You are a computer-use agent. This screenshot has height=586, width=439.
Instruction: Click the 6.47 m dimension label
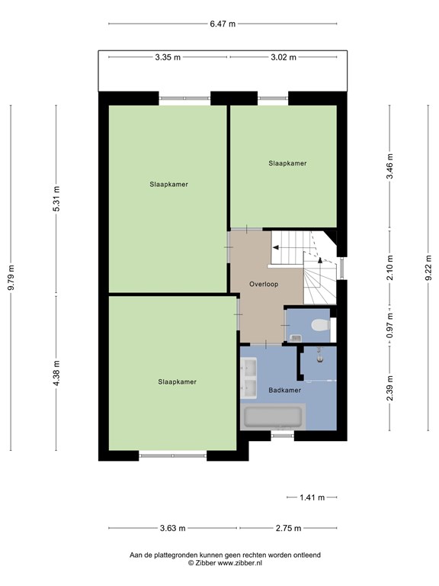click(x=223, y=24)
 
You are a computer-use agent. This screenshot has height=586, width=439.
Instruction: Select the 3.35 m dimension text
click(x=168, y=57)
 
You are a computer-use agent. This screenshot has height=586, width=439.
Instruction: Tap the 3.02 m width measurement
click(x=284, y=57)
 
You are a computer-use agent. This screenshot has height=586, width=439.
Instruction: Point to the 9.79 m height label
click(x=11, y=277)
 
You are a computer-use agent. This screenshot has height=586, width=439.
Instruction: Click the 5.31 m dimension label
click(x=56, y=199)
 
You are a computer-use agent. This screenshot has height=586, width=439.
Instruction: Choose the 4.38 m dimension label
click(x=56, y=373)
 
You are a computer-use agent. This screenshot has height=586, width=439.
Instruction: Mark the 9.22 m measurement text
click(x=428, y=268)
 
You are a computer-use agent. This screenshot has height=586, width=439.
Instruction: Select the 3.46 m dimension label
click(x=389, y=166)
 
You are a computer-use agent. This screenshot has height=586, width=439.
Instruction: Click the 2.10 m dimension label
click(x=389, y=268)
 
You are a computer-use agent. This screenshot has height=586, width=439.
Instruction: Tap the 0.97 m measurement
click(x=389, y=326)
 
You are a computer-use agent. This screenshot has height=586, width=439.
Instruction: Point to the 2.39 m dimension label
click(x=389, y=388)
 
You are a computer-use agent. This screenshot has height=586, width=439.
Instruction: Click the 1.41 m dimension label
click(x=312, y=497)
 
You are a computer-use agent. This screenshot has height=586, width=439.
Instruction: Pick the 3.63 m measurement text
click(x=172, y=528)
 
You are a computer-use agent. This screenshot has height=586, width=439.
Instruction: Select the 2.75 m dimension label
click(x=288, y=528)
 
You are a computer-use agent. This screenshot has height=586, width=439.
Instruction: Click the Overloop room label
click(x=264, y=284)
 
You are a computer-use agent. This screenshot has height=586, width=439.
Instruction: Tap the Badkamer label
click(x=285, y=390)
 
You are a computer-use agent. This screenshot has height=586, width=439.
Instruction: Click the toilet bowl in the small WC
click(x=320, y=325)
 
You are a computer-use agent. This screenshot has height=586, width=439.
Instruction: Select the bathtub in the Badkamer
click(x=273, y=417)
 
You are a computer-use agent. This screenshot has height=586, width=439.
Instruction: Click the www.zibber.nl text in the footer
click(x=240, y=563)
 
